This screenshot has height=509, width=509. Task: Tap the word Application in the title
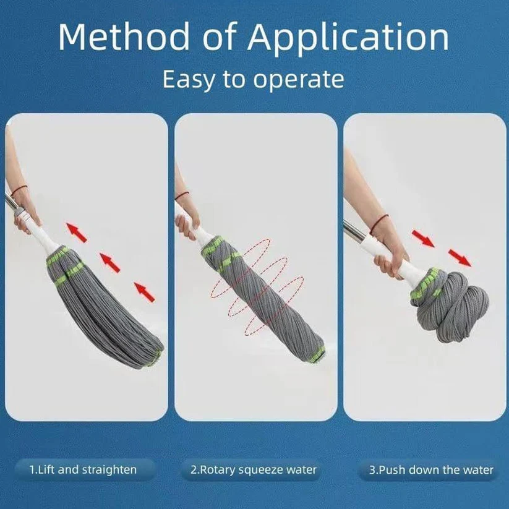[x=349, y=38]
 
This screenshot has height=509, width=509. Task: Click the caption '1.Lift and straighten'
[x=83, y=469]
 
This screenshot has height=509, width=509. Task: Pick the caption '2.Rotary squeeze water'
[x=254, y=469]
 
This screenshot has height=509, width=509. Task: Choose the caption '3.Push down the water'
[x=432, y=470]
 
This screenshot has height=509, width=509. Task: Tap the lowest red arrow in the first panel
[x=144, y=289]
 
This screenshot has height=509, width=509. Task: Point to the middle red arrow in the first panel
[x=110, y=262]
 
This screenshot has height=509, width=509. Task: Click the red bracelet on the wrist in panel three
[x=379, y=218]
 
